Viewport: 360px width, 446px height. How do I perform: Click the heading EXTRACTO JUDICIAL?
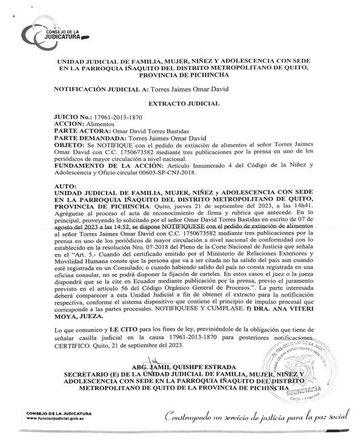point(181,104)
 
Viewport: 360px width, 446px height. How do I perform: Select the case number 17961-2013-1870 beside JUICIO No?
point(116,118)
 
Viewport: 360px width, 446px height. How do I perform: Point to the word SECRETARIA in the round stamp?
point(311,387)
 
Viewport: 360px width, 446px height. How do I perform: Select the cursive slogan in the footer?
point(254,416)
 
